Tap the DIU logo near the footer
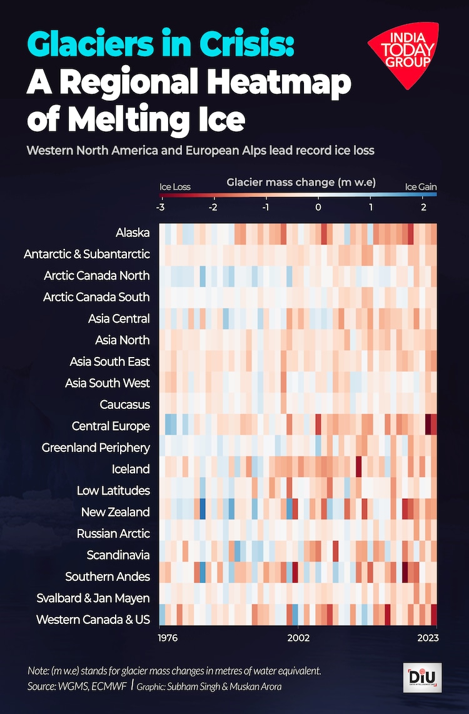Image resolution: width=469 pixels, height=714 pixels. [x=422, y=678]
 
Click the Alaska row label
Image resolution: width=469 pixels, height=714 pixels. [x=133, y=233]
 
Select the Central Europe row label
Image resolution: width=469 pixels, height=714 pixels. [x=111, y=426]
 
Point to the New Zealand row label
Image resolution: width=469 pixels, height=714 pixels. [x=115, y=511]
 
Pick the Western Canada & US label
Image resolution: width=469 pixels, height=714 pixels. [x=93, y=619]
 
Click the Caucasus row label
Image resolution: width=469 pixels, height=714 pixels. [x=124, y=405]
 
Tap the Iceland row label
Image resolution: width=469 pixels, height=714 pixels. [x=130, y=469]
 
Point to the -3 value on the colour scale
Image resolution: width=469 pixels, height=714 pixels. [x=161, y=207]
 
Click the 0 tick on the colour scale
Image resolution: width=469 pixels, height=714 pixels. [x=318, y=207]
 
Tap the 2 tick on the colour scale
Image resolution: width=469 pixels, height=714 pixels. [x=423, y=207]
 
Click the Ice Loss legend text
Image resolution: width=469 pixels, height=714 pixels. [x=175, y=186]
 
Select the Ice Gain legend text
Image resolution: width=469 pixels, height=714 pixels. [x=421, y=186]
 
